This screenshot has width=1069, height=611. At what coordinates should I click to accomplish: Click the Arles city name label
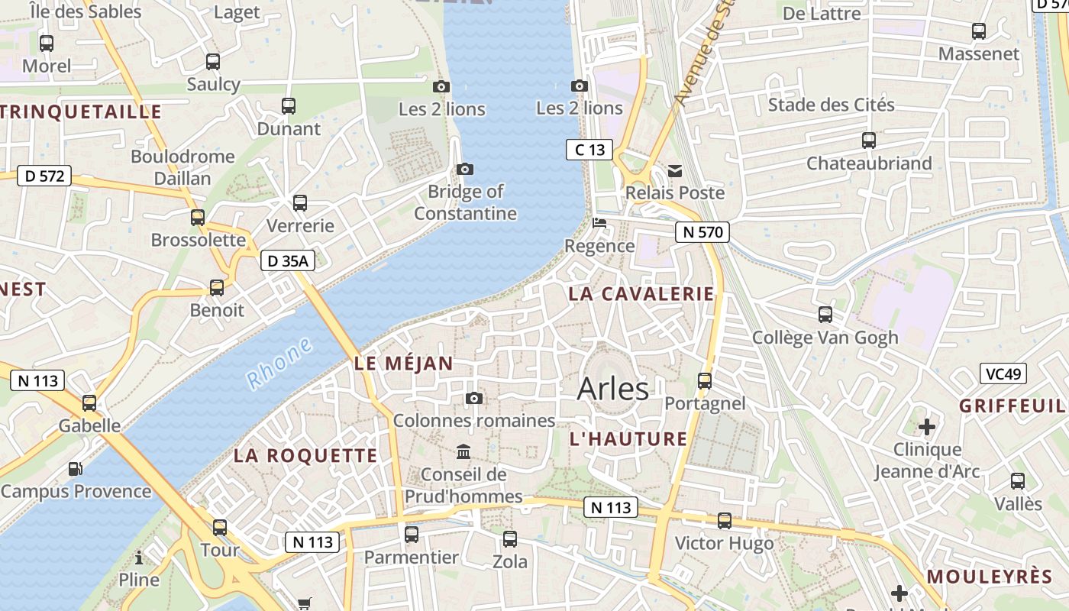click(613, 389)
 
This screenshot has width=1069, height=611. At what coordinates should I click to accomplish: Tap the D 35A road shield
click(288, 261)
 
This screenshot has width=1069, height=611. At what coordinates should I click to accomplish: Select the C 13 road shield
click(589, 150)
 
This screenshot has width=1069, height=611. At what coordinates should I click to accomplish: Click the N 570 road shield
click(702, 231)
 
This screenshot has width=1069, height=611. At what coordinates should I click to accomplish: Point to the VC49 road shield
click(1003, 373)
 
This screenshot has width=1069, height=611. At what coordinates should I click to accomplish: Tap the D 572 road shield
click(44, 176)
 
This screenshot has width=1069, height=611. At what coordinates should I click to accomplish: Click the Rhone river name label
click(279, 364)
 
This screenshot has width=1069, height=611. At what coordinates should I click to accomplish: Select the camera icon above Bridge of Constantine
click(464, 169)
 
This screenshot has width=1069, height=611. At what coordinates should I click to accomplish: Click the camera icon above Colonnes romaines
click(474, 398)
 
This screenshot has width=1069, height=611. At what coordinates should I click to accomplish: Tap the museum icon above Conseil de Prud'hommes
click(463, 451)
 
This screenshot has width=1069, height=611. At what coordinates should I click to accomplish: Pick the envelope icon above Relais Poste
click(675, 170)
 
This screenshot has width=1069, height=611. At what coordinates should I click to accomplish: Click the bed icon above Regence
click(600, 223)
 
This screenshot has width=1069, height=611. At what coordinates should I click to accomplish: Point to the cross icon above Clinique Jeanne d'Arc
click(927, 425)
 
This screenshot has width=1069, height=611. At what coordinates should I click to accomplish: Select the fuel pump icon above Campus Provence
click(76, 469)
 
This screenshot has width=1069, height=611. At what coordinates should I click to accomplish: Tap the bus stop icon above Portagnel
click(705, 380)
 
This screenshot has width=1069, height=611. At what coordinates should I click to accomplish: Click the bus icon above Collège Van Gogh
click(825, 314)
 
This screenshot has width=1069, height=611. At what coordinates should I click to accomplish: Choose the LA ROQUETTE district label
click(305, 456)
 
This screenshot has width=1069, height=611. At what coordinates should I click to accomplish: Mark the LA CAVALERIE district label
click(641, 294)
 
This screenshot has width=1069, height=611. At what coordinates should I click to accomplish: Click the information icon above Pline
click(139, 557)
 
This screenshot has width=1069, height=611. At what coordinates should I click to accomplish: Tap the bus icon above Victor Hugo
click(724, 521)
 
